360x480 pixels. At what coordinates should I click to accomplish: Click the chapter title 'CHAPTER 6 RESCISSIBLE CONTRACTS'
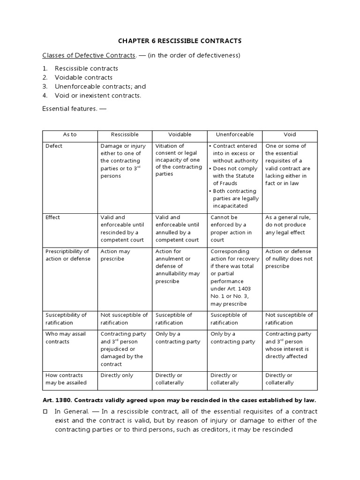point(180,41)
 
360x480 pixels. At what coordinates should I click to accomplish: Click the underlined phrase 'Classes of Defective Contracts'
point(89,56)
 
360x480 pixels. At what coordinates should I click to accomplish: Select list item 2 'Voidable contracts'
point(83,77)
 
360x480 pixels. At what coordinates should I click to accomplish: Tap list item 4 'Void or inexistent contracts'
point(97,96)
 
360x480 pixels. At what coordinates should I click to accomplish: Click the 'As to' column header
point(70,135)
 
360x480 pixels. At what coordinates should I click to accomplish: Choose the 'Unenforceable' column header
point(235,135)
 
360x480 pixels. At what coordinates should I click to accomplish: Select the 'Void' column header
point(290,135)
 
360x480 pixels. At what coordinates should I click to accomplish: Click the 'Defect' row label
point(54,146)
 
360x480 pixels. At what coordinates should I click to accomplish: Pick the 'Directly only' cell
point(117,375)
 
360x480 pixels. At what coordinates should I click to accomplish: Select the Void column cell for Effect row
point(288,225)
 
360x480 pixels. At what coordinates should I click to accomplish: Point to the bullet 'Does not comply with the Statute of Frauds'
point(234,176)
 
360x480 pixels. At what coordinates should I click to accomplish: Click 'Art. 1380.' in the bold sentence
point(57,400)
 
